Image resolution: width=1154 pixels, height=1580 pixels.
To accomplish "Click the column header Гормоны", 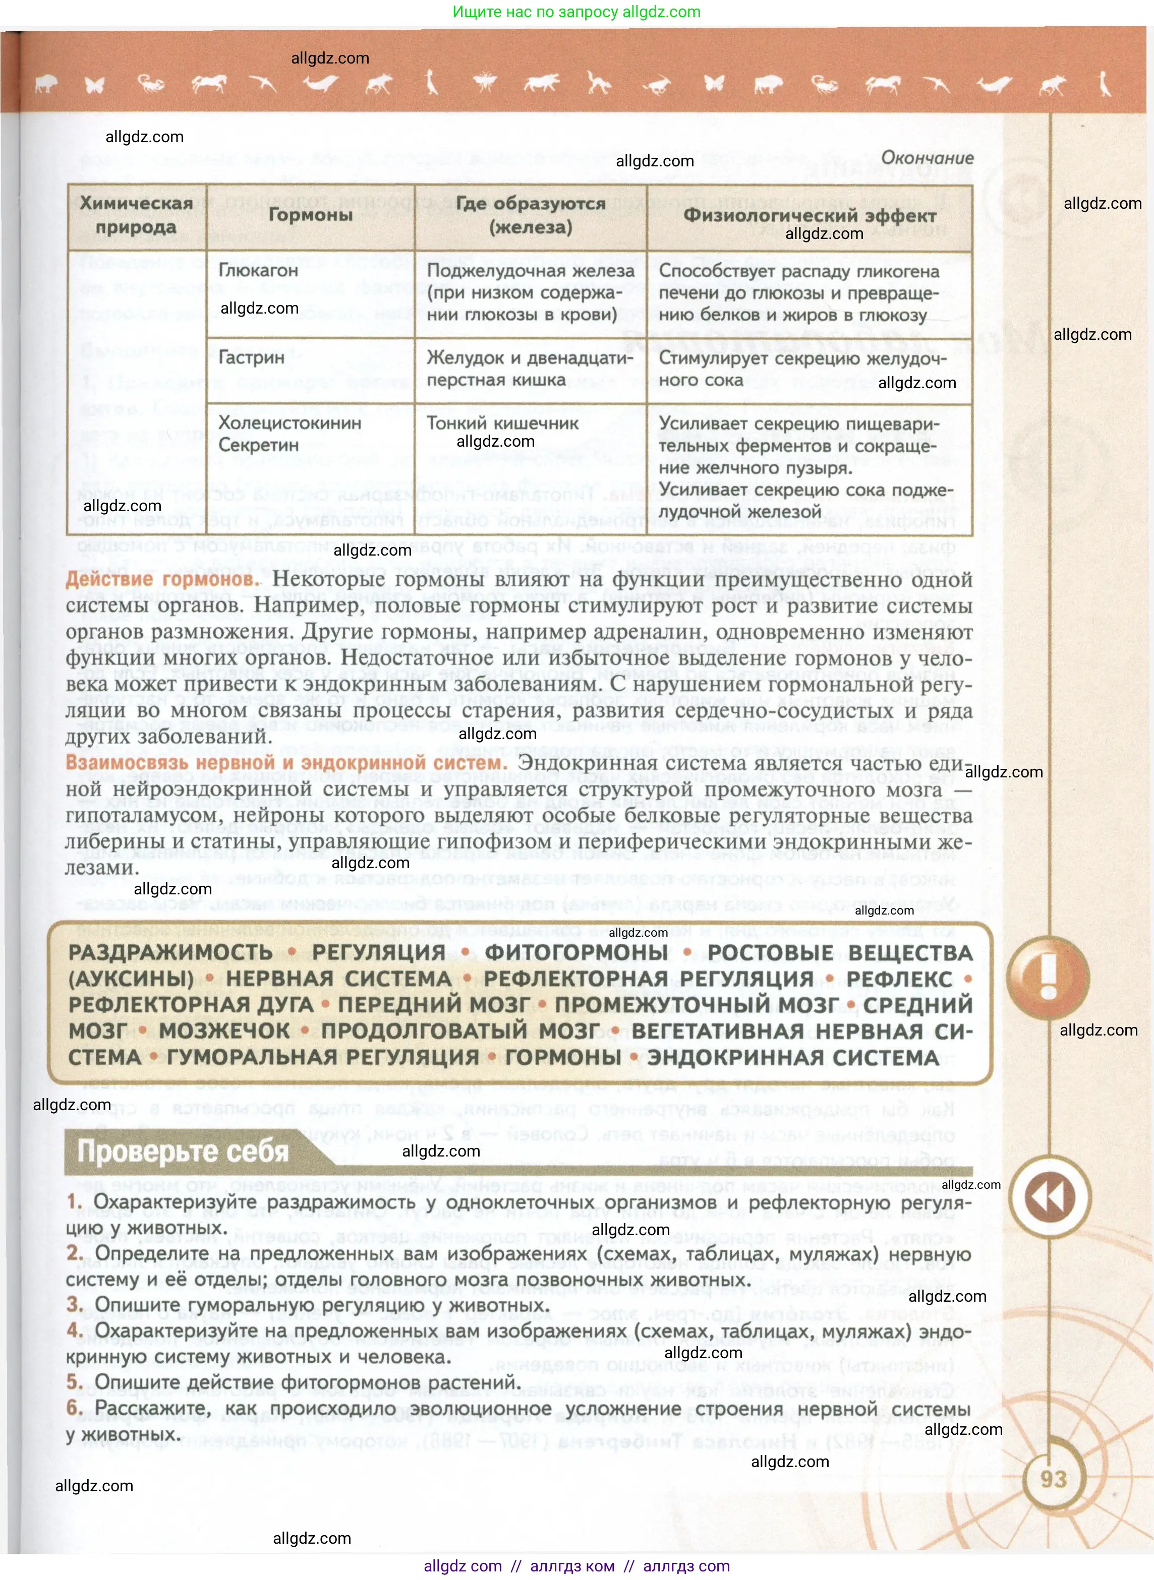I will tap(310, 214).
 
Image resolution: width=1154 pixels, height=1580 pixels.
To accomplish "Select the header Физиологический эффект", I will tap(809, 215).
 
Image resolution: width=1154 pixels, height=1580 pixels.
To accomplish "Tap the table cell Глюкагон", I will tap(258, 270).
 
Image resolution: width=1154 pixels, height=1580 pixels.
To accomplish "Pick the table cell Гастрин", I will tap(252, 357).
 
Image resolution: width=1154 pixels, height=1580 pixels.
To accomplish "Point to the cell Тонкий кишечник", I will tap(502, 423).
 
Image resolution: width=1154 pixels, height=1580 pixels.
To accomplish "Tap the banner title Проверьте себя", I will tap(183, 1150).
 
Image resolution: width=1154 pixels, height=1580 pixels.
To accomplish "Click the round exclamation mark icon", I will tap(1048, 976).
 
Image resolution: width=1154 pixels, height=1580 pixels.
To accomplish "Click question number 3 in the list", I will tap(75, 1304).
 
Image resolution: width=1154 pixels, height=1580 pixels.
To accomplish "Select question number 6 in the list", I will tap(74, 1408).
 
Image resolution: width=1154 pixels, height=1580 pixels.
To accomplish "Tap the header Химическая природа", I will tap(136, 214).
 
